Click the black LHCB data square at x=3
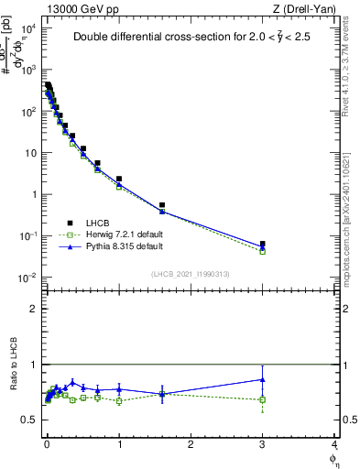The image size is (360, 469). (263, 245)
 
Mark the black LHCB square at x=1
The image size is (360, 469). (119, 179)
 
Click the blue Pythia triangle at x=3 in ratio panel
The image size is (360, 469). (263, 379)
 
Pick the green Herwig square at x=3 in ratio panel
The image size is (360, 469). (263, 399)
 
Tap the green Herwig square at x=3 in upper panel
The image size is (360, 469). (263, 251)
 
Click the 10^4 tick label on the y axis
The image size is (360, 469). (27, 28)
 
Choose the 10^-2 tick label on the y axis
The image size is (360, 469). (27, 278)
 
